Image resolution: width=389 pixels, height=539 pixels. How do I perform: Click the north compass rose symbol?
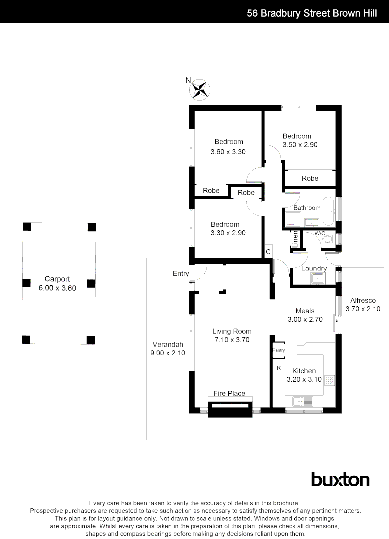[200, 89]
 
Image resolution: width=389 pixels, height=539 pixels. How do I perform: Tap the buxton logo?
[340, 479]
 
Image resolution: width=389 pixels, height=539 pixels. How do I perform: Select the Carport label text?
[57, 279]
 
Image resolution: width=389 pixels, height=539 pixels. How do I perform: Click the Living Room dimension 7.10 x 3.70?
[232, 340]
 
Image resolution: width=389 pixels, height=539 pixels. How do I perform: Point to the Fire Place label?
[229, 393]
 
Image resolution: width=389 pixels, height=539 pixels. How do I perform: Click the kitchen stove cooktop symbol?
[329, 381]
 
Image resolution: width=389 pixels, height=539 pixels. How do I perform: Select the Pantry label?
[278, 350]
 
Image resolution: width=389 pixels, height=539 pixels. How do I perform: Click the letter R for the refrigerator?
[279, 368]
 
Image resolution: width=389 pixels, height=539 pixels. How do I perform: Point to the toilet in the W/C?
[327, 240]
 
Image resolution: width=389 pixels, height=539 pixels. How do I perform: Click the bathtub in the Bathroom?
[328, 212]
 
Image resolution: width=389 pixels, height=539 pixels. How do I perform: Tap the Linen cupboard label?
[295, 239]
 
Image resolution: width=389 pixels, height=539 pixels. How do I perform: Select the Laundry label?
[314, 269]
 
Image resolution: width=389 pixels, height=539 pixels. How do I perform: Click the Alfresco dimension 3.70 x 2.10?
[363, 309]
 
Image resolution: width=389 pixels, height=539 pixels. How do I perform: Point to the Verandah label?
[168, 344]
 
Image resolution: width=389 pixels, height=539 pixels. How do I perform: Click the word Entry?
[181, 273]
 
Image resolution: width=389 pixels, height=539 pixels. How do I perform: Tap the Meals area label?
[305, 311]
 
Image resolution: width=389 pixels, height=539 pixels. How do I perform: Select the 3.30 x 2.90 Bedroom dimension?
[225, 233]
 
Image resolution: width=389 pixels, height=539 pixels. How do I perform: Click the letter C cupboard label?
[268, 252]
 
